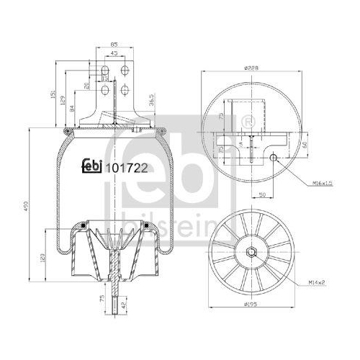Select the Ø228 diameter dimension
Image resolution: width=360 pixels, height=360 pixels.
(251, 67)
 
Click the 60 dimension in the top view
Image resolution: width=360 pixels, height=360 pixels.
(305, 144)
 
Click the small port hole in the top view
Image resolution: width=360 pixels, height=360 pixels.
(276, 159)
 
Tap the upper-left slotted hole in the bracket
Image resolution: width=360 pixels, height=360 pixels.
(106, 71)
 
